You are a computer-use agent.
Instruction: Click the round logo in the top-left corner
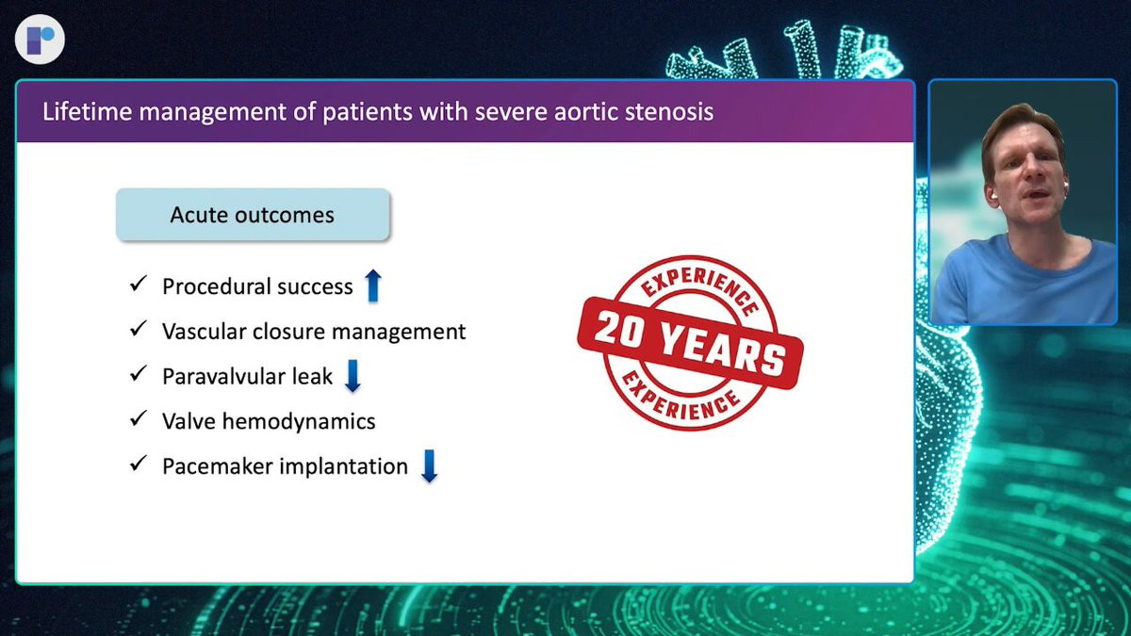tap(40, 40)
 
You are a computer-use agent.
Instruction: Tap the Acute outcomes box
tap(253, 215)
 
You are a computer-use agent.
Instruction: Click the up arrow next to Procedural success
tap(373, 285)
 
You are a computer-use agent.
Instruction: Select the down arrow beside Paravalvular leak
tap(352, 376)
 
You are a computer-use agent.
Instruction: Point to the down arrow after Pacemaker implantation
tap(429, 465)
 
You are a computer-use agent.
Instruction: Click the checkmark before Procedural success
tap(139, 284)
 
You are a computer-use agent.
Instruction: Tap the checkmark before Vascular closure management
tap(139, 329)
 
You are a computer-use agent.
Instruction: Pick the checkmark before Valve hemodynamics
tap(139, 418)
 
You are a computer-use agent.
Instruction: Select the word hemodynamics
tap(299, 421)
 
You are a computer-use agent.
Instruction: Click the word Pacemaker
tap(217, 466)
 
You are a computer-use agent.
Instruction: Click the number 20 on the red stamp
tap(622, 328)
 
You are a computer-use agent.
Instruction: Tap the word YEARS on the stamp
tap(723, 350)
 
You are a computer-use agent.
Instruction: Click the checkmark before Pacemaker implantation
tap(139, 464)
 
